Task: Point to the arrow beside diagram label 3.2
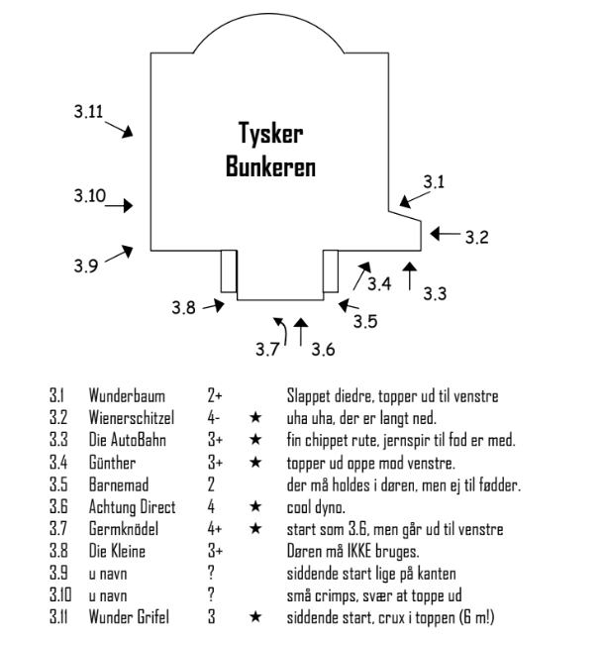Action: coord(447,235)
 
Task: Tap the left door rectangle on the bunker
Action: coord(229,270)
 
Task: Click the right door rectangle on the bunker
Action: coord(333,270)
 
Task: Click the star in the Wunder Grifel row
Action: coord(255,606)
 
